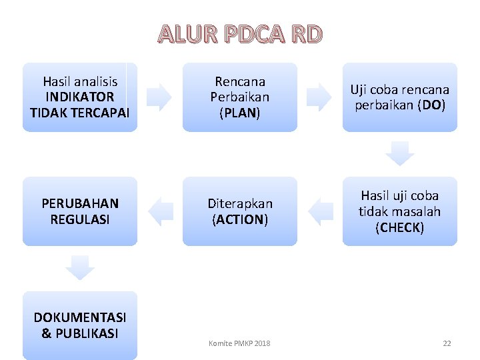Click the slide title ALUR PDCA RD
240,33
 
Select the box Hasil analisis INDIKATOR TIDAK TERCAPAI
80,97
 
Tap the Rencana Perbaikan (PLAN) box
240,97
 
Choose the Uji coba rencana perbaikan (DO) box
400,97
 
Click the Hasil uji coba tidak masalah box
400,211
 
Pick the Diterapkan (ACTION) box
240,211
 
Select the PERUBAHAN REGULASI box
80,211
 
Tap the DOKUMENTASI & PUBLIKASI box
80,325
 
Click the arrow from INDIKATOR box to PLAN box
159,97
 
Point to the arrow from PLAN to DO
320,97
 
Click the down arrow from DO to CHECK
400,153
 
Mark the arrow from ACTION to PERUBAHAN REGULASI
160,211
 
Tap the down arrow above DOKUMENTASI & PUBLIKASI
80,268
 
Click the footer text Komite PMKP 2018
239,343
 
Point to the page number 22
447,343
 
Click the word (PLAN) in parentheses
240,113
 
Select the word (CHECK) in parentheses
400,227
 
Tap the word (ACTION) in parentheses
240,219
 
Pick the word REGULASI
80,219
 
